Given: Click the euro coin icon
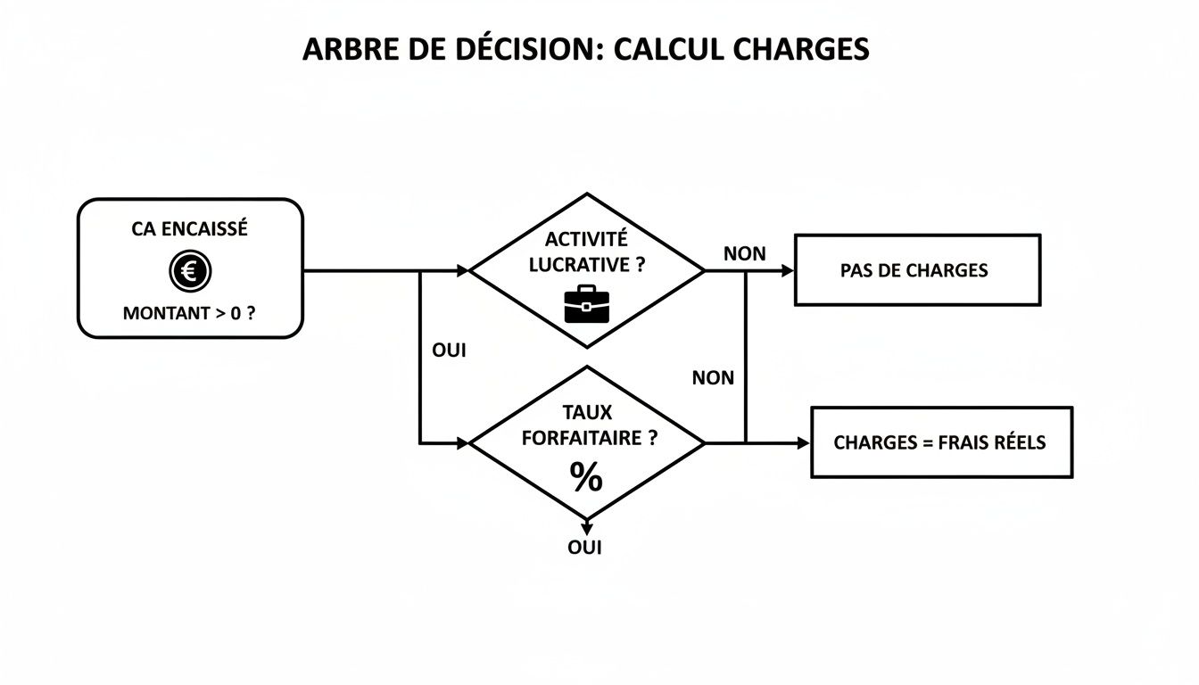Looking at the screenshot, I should pos(188,270).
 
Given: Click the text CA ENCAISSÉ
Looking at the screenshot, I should pos(189,229).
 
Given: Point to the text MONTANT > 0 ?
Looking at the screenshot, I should pos(189,314).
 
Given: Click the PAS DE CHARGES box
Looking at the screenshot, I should pos(917,270).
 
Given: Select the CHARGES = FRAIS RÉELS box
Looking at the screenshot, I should pos(940,442).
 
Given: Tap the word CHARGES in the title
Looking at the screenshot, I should pos(801,49).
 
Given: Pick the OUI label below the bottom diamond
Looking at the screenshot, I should pos(585,548).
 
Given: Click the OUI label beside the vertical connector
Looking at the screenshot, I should pos(449,351).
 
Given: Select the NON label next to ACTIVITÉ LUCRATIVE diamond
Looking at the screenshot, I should pos(744,253).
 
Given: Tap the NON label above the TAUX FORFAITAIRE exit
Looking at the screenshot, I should pos(713,378).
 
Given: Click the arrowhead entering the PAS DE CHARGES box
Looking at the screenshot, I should pos(787,270).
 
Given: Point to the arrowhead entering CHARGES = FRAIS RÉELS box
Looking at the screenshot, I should pos(803,442).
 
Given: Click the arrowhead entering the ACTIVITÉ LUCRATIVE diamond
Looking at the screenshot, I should pos(461,270).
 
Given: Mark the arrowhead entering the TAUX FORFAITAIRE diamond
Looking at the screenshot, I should pos(461,442).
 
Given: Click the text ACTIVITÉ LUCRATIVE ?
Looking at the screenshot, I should pos(586,252).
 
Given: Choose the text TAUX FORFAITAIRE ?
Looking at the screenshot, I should pos(586,425).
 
